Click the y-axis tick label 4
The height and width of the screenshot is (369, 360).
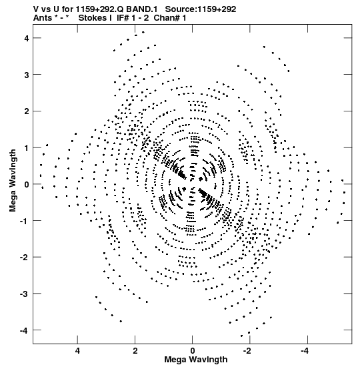[x=27, y=38]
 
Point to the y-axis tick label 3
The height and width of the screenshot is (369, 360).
[x=27, y=75]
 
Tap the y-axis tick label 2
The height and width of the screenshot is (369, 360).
[x=27, y=111]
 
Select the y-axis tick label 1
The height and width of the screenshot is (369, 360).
[x=27, y=147]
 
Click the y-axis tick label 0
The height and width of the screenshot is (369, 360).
[x=27, y=184]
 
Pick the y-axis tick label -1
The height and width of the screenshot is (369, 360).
[x=25, y=221]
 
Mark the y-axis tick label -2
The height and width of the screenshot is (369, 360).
[x=25, y=258]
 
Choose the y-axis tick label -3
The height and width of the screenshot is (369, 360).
[x=25, y=294]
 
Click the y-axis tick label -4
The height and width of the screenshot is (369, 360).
[x=25, y=331]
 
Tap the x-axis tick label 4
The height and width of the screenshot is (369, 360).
[x=77, y=351]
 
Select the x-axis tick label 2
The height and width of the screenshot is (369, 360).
[x=135, y=351]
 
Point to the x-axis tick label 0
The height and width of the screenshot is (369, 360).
[x=193, y=351]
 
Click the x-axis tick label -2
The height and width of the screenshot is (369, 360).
[x=248, y=351]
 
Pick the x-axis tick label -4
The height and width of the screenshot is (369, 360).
[x=306, y=351]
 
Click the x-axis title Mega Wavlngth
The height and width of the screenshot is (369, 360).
[x=196, y=360]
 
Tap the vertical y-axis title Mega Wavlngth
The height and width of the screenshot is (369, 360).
[x=13, y=180]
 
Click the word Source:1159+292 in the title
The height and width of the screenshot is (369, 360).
[x=201, y=9]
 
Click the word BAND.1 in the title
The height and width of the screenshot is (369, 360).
[x=142, y=9]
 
